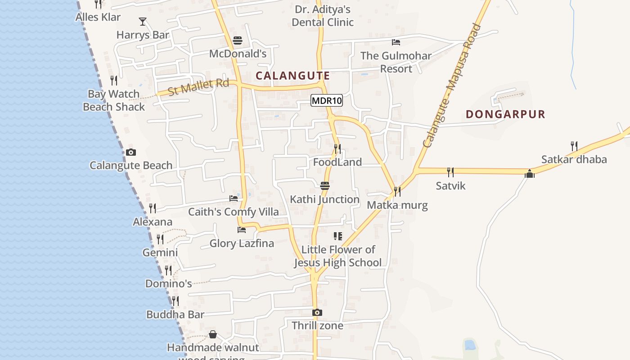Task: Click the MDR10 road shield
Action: pos(327,101)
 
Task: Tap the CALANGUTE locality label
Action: pos(293,76)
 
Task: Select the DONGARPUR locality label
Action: pos(505,114)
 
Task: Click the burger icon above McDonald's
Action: pos(238,41)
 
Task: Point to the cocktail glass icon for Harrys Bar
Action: pos(143,21)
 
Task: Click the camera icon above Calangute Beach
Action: pos(131,152)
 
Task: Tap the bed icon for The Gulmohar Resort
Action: pos(396,42)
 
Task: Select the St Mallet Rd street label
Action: pos(198,86)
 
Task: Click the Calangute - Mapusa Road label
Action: pos(452,85)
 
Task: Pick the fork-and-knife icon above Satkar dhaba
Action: pos(574,146)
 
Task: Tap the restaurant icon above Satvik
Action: pos(450,172)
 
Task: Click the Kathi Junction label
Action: pos(324,199)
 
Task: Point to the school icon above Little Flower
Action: pos(338,236)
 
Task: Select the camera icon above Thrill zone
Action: pos(317,312)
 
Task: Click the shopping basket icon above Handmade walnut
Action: pos(213,334)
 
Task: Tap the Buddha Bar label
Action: pos(175,315)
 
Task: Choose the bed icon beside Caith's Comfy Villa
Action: pos(234,198)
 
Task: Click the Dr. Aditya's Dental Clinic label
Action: pos(323,16)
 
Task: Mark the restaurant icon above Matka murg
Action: pos(397,192)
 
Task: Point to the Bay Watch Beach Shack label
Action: pos(114,100)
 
